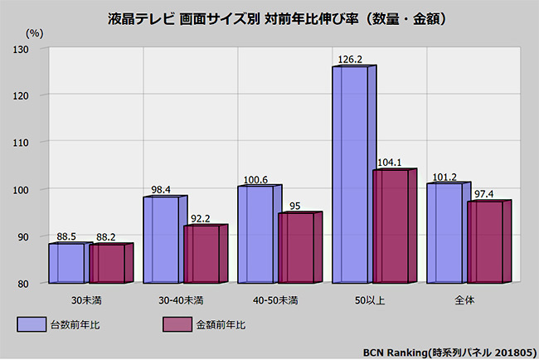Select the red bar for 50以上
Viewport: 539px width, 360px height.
click(391, 226)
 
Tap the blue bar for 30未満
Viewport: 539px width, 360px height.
click(66, 262)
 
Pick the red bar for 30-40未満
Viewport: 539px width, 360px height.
click(202, 254)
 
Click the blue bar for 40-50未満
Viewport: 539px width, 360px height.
click(255, 234)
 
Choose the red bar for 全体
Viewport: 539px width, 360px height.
click(485, 241)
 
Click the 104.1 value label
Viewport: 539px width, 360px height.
click(390, 163)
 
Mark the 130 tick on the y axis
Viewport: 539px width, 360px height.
click(32, 49)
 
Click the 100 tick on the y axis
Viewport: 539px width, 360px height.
click(32, 190)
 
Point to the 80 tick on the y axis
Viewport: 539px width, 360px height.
click(35, 284)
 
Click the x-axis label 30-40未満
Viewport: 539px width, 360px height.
click(181, 298)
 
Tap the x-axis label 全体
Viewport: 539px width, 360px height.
click(464, 298)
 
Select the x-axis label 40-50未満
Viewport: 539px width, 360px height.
click(274, 298)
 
